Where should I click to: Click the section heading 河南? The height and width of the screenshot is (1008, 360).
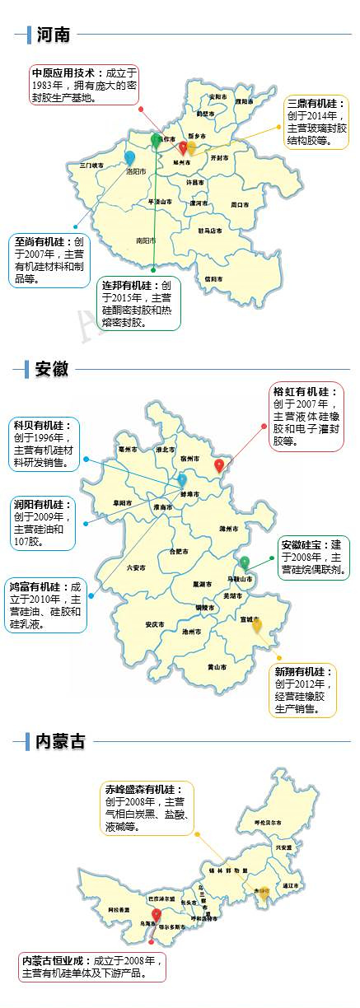53,35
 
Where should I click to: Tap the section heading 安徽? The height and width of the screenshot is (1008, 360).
51,368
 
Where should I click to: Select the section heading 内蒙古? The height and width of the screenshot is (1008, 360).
60,741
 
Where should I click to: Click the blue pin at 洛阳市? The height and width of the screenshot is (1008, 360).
129,157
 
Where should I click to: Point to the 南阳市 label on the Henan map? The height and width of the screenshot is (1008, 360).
146,240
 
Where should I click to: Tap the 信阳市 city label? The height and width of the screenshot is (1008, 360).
213,279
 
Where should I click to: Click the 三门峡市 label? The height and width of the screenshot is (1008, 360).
92,166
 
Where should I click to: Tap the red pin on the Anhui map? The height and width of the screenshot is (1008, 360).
219,465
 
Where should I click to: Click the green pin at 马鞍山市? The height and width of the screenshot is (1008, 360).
245,562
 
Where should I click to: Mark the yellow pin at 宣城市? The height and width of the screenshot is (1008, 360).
257,625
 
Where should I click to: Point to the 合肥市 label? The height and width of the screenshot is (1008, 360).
179,551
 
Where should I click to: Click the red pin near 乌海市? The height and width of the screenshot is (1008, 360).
157,915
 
